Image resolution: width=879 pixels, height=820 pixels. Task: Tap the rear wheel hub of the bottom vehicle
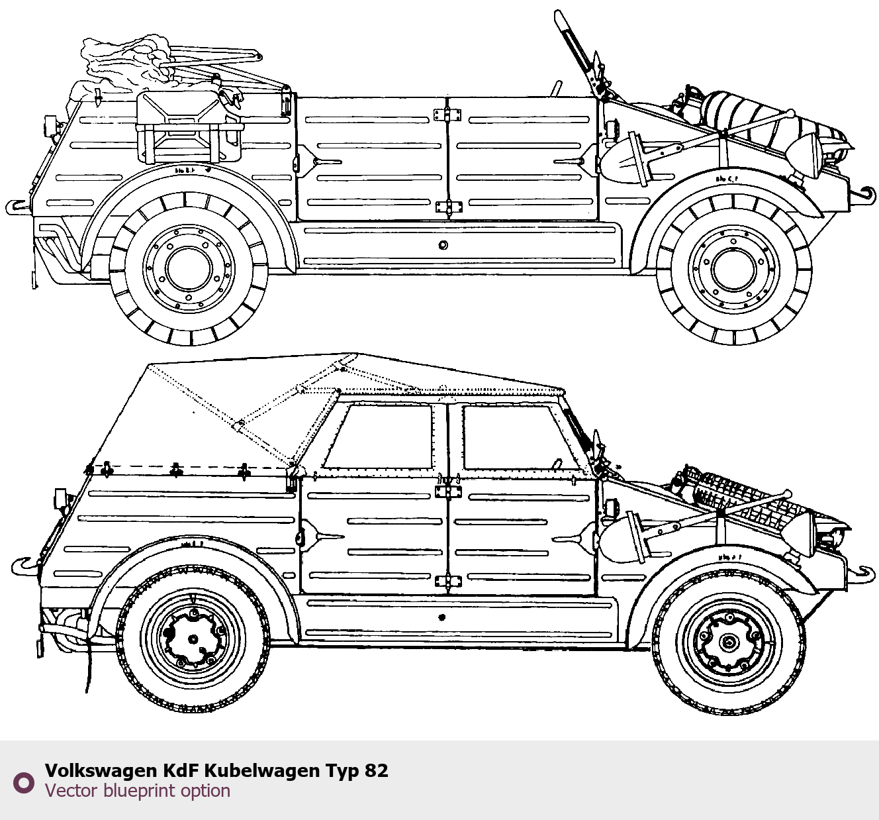point(193,639)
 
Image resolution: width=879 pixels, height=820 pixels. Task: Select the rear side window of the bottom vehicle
point(381,437)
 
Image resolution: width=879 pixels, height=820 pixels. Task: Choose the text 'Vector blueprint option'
point(138,791)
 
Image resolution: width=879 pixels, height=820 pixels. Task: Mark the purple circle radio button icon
point(24,782)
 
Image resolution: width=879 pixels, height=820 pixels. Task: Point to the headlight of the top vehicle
point(809,156)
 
